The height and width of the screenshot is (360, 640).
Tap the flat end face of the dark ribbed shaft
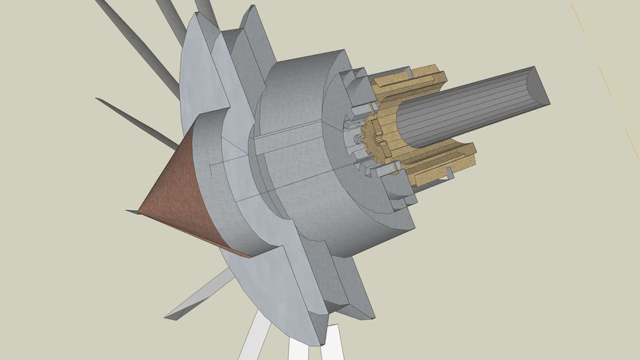click(x=538, y=87)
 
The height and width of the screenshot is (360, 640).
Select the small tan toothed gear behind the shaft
click(x=372, y=141)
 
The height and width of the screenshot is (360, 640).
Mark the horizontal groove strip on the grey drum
click(x=281, y=141)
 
